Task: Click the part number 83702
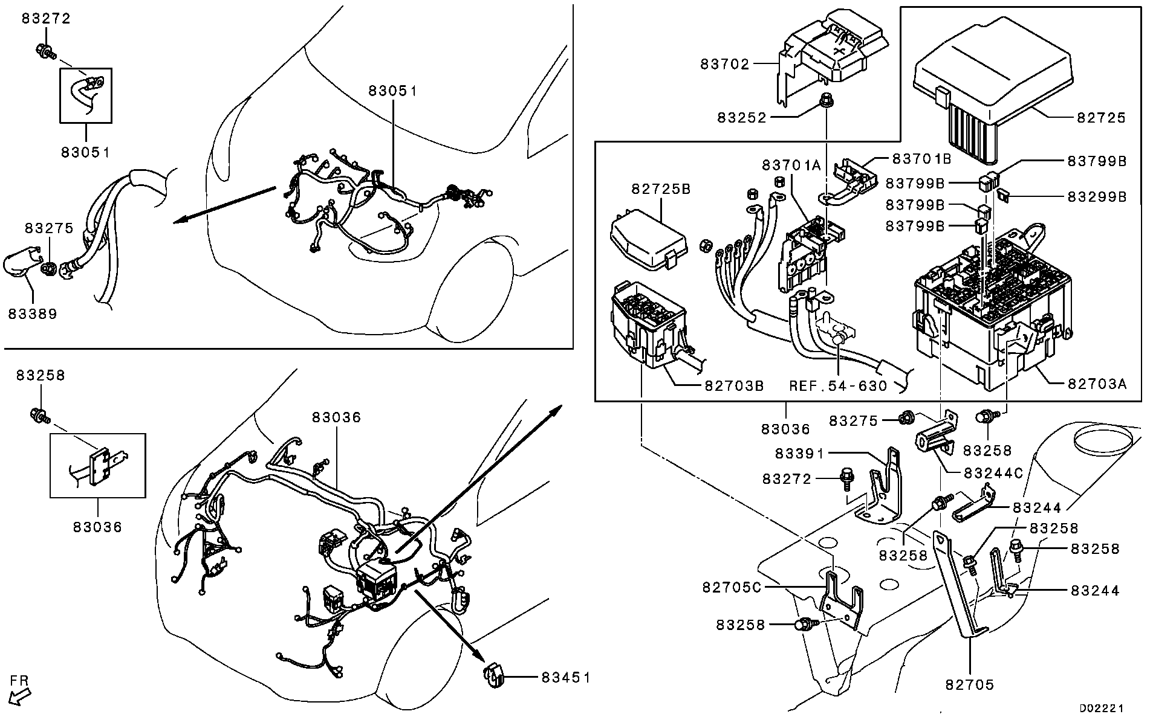(724, 64)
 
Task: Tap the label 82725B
(660, 189)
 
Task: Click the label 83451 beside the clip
(565, 678)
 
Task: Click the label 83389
(33, 314)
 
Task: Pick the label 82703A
(1097, 384)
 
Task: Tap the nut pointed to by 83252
(823, 103)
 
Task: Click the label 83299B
(1097, 197)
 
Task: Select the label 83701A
(791, 165)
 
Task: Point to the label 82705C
(732, 587)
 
